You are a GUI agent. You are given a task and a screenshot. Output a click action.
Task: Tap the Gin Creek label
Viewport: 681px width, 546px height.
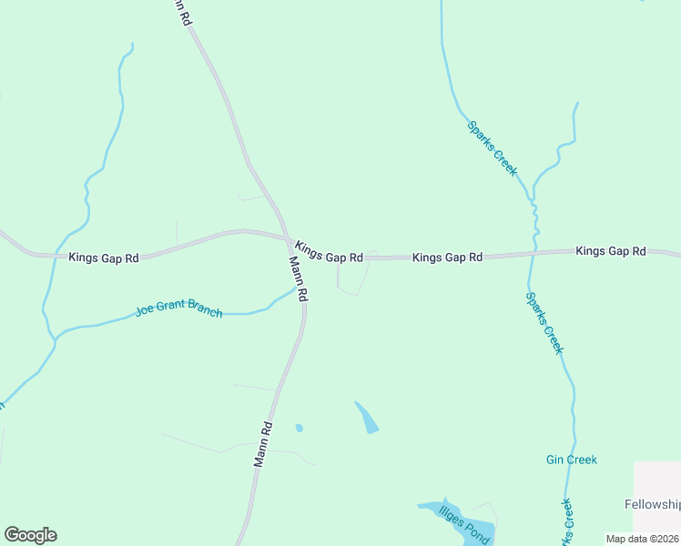[x=572, y=460]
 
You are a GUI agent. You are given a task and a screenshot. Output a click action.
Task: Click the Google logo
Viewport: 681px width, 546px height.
[x=30, y=535]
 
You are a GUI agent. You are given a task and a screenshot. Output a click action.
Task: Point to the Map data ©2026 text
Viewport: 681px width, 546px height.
[x=643, y=539]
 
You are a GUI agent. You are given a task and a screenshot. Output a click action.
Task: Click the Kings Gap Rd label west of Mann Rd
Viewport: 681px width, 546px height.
[x=104, y=258]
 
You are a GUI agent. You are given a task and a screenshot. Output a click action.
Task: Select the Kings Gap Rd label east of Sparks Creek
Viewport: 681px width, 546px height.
[x=611, y=251]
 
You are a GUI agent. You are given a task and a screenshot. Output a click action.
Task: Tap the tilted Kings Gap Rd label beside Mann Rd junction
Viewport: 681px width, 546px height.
[x=330, y=252]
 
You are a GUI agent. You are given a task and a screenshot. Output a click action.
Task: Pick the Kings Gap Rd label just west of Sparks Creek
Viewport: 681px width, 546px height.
[x=447, y=258]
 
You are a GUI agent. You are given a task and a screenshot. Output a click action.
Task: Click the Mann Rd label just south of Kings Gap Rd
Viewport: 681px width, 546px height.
[x=299, y=278]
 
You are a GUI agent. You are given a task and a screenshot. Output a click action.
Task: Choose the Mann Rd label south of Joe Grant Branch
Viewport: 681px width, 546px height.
[x=263, y=444]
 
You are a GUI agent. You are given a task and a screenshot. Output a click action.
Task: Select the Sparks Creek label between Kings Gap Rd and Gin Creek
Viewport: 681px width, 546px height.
[x=545, y=323]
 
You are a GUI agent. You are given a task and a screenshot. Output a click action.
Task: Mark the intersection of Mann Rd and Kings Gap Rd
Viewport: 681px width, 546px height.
[x=289, y=240]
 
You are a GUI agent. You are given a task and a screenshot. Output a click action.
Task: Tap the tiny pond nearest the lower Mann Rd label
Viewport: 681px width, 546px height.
[x=299, y=427]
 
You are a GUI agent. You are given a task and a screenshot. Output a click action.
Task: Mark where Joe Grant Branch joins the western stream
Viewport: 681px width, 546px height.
[x=56, y=339]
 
